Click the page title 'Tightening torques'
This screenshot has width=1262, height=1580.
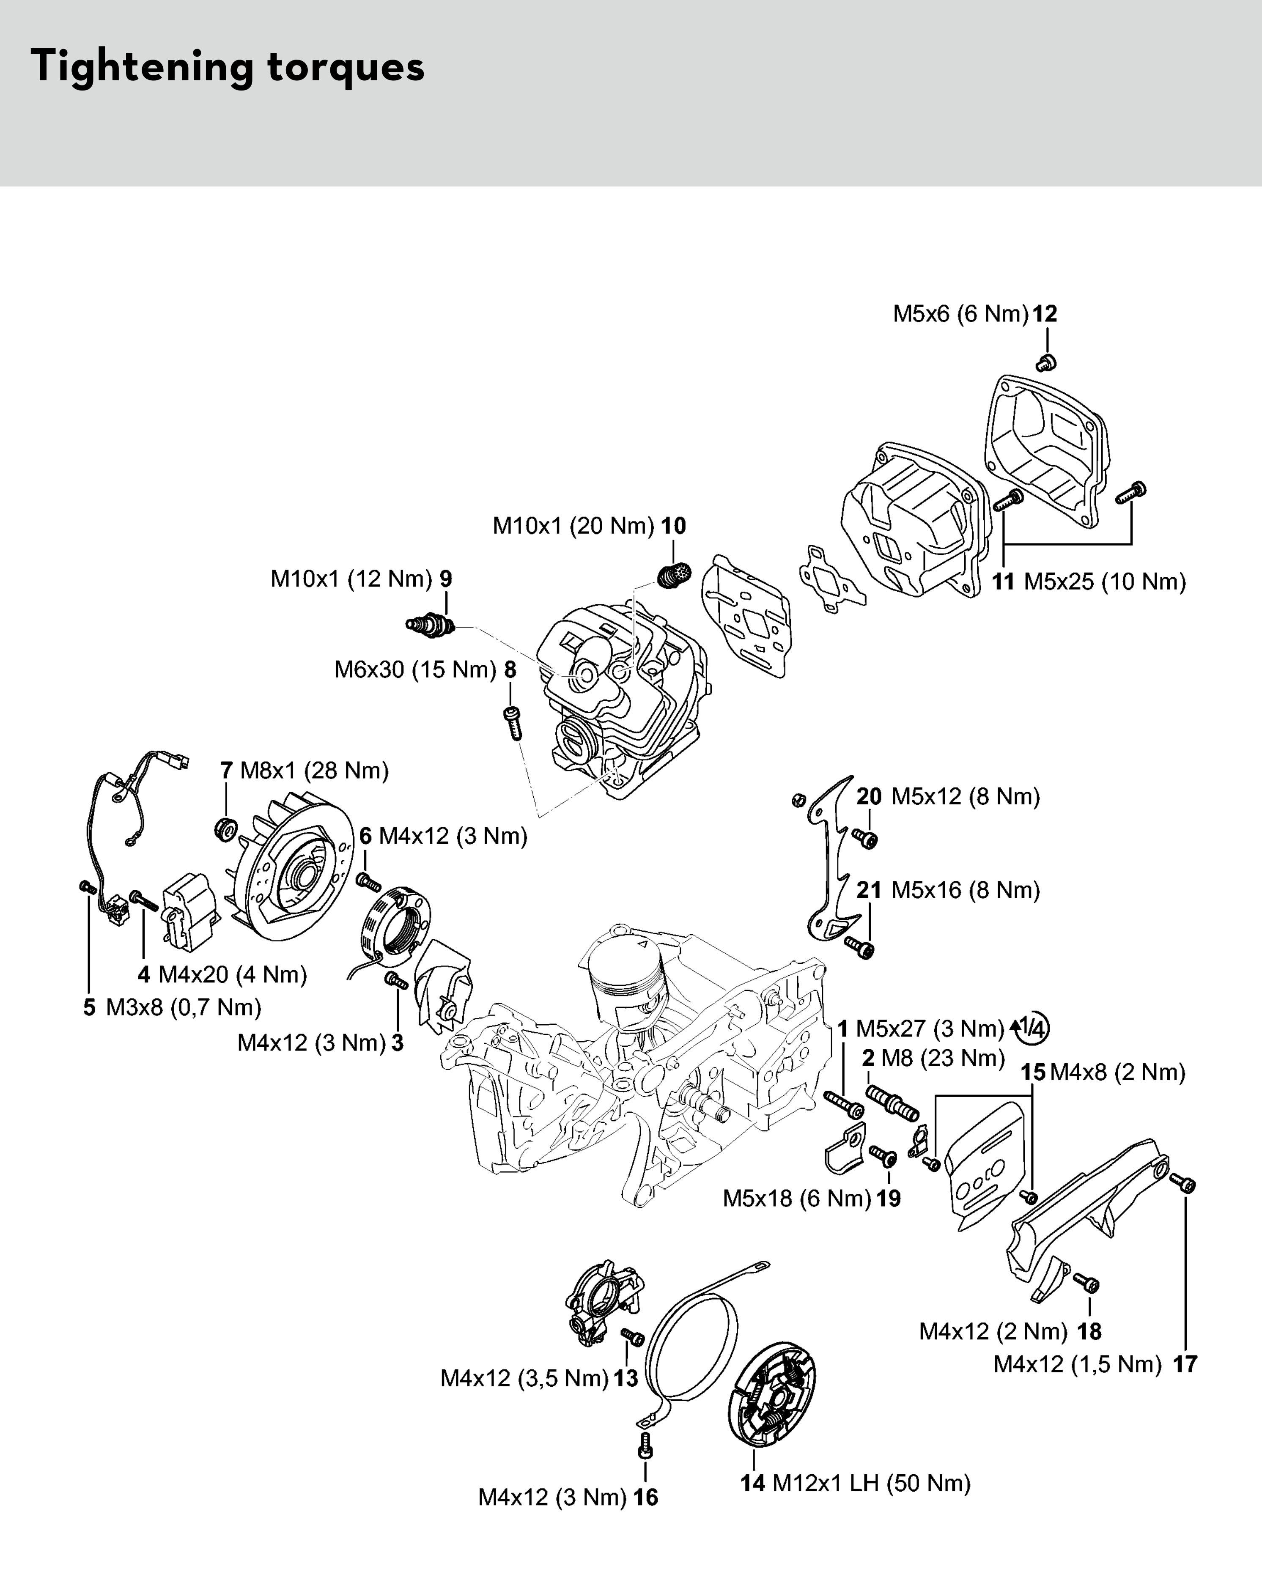point(227,67)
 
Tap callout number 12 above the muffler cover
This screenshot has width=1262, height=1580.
point(1045,314)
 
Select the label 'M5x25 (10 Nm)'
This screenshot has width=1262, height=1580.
point(1104,582)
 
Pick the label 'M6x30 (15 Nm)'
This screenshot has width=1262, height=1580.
point(416,670)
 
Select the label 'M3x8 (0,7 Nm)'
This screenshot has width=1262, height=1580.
point(183,1008)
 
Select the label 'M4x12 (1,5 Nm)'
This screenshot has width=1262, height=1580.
point(1077,1365)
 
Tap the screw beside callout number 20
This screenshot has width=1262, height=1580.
point(865,838)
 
